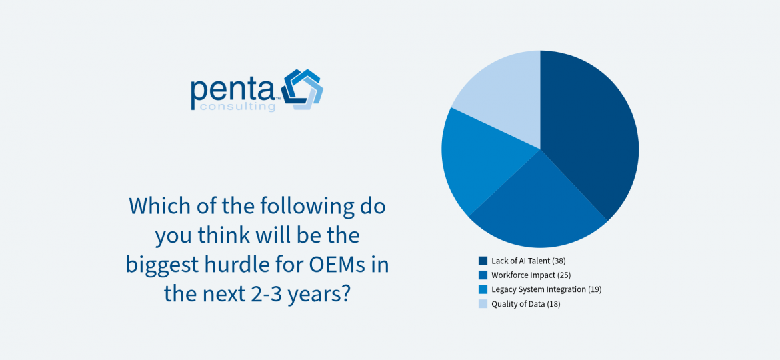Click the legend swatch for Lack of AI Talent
[483, 261]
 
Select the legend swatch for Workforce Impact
[483, 275]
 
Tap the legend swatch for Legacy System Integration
[483, 289]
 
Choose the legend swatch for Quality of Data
[483, 304]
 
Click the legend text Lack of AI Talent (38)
[528, 261]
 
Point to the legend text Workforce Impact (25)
[530, 275]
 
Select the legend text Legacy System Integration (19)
[547, 289]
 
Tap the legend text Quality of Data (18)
[526, 304]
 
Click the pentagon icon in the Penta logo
[302, 89]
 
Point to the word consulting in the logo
[237, 107]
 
